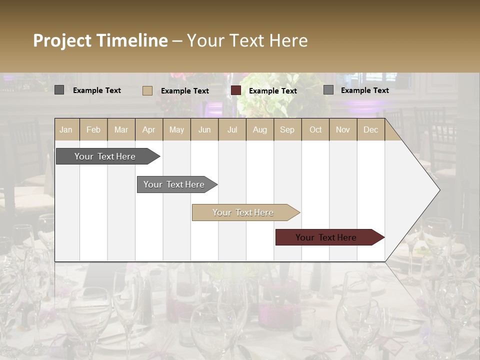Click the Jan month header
66,129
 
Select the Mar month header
121,129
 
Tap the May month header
176,129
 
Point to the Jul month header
232,129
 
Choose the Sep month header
287,129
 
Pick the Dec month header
370,129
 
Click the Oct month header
315,129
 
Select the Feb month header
93,129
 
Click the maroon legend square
236,90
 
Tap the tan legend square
147,90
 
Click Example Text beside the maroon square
273,91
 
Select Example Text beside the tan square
185,91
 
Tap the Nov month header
343,129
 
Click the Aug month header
259,129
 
